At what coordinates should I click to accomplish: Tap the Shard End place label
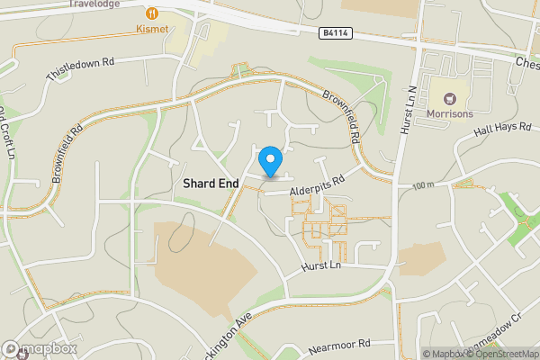pos(211,183)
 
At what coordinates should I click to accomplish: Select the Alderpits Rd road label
pos(318,184)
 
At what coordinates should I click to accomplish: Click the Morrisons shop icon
pos(447,97)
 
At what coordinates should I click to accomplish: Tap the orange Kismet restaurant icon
pos(152,13)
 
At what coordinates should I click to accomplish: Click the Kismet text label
pos(152,30)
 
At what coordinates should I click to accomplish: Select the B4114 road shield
pos(335,33)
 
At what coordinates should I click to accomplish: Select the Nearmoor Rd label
pos(338,344)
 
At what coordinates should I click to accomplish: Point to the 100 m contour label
pos(423,184)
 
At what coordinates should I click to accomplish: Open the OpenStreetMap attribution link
pos(503,354)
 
